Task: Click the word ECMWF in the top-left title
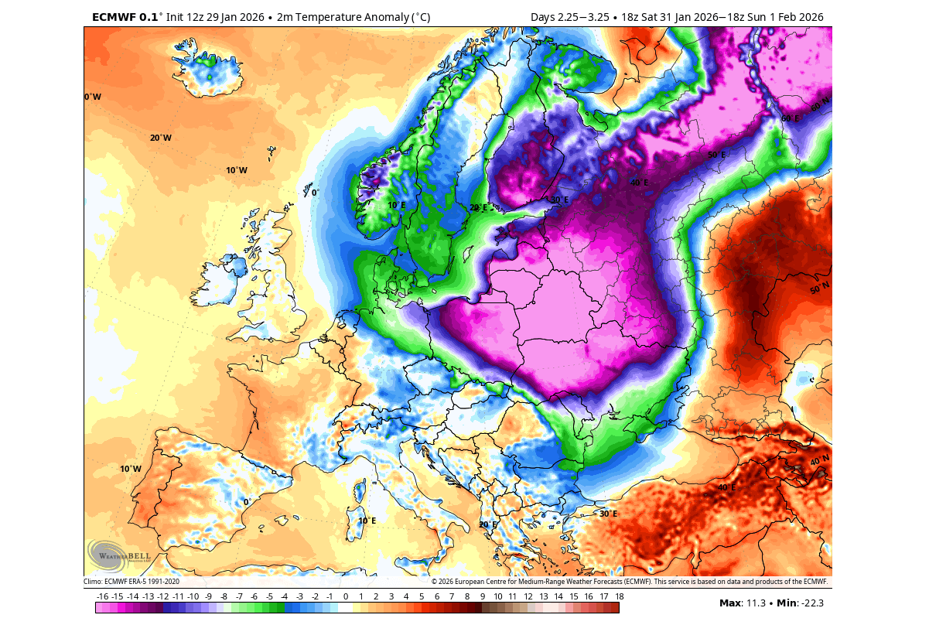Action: [114, 17]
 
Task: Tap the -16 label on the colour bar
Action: [102, 596]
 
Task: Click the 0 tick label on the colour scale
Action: [345, 596]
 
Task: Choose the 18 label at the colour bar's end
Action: [619, 596]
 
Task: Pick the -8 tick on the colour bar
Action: [224, 596]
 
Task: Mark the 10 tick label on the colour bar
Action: [497, 596]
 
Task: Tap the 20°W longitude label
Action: [161, 138]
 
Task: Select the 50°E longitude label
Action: [716, 155]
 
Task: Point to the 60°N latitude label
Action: [819, 101]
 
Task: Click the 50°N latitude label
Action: [819, 289]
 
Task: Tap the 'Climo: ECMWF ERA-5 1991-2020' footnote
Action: [131, 581]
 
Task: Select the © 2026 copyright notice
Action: [629, 581]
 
